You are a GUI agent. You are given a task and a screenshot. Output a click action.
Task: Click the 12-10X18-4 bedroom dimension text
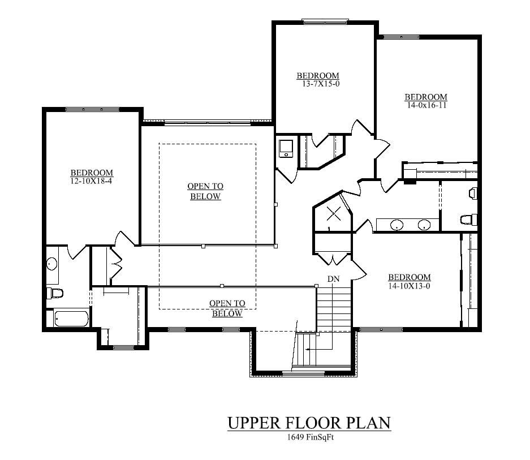tap(92, 180)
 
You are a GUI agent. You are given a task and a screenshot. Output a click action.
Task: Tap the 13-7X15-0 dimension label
tap(318, 84)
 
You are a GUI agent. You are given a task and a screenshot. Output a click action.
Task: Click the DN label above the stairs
tap(334, 279)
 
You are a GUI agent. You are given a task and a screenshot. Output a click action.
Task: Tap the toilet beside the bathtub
tap(55, 293)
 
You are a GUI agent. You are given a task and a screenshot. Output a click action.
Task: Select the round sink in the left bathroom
tap(52, 264)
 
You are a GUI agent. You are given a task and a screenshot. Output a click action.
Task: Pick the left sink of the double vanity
tap(398, 225)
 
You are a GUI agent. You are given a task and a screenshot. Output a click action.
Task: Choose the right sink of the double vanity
tap(424, 225)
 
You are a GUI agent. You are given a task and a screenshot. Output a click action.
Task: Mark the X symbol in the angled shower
tap(334, 214)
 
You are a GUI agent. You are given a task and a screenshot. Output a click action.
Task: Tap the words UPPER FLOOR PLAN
tap(309, 423)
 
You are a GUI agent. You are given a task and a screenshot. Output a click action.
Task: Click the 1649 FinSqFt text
tap(309, 437)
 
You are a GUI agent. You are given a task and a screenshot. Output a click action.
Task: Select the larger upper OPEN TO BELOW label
tap(205, 191)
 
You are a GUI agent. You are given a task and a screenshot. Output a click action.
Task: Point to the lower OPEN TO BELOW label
tap(227, 308)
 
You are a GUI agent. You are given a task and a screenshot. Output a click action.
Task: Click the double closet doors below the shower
tap(333, 260)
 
